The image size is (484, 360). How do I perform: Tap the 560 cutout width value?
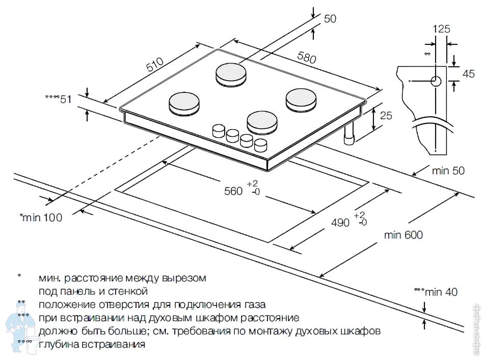[x=233, y=191]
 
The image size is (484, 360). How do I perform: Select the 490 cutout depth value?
[x=340, y=223]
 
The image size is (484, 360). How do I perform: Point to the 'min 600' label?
[x=404, y=235]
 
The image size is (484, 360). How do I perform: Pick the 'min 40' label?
[x=441, y=292]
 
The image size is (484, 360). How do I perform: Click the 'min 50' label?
[x=448, y=171]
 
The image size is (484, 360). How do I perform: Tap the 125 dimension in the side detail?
[x=441, y=29]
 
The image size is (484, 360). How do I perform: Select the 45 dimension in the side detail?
[x=468, y=73]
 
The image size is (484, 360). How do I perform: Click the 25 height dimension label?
[x=386, y=116]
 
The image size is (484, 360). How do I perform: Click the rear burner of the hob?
[x=231, y=74]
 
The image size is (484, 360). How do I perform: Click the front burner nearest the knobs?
[x=263, y=122]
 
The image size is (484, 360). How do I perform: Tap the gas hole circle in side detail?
[x=436, y=81]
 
